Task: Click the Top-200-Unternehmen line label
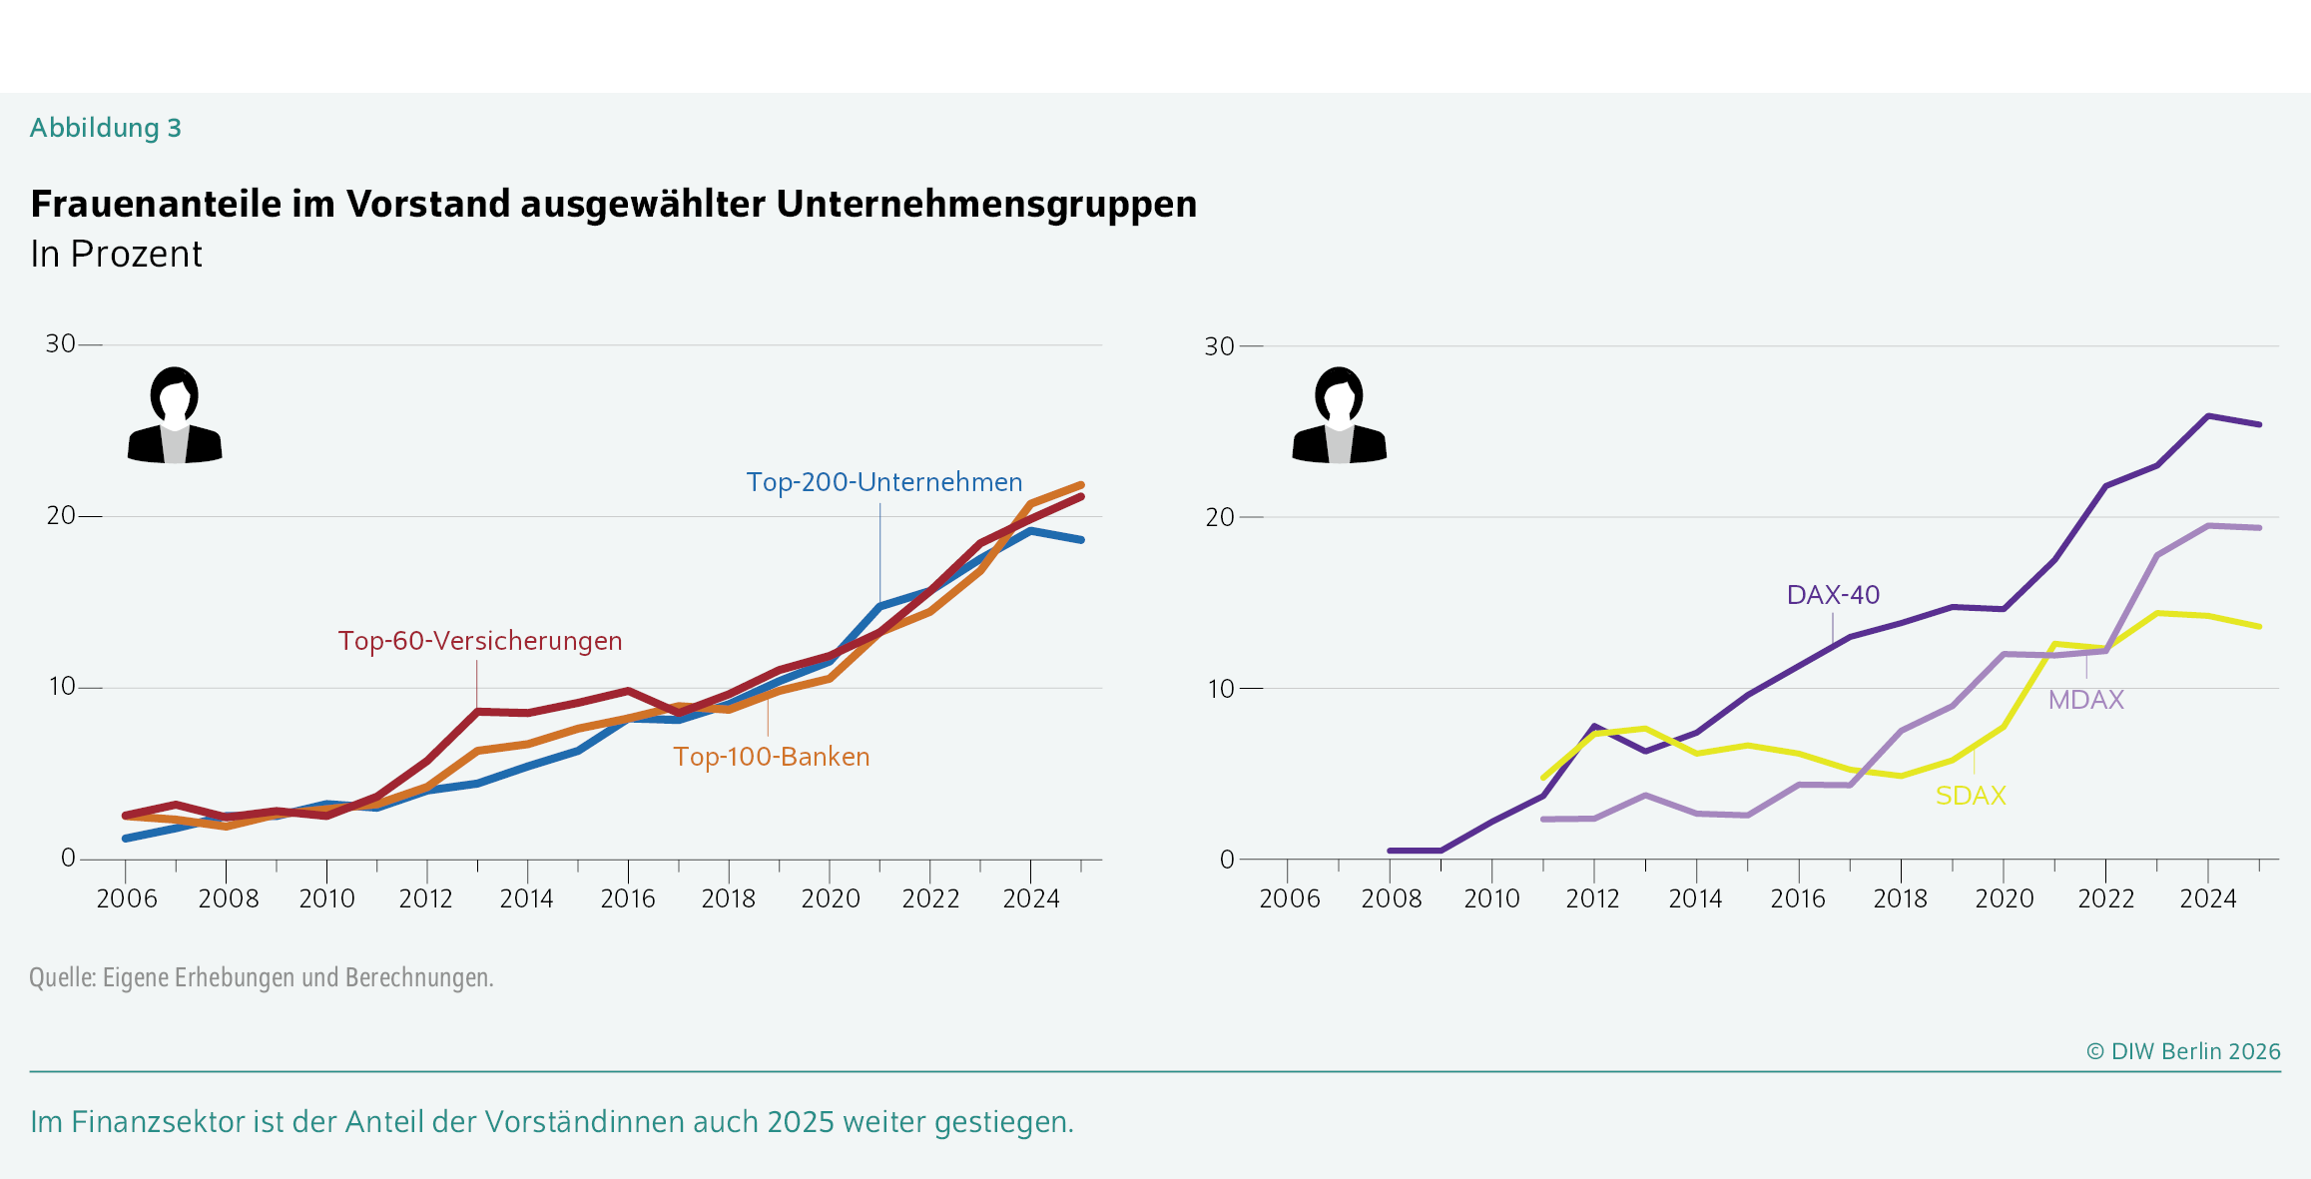(x=884, y=482)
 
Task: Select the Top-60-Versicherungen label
(x=480, y=641)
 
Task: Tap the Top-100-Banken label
(x=772, y=757)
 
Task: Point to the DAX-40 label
(x=1833, y=595)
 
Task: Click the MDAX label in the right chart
(x=2085, y=700)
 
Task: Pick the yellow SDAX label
(x=1971, y=796)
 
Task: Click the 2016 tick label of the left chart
(x=628, y=899)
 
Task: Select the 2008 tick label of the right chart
(x=1391, y=899)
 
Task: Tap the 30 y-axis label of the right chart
(x=1219, y=346)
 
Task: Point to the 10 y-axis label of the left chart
(x=61, y=687)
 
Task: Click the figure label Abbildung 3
(x=106, y=128)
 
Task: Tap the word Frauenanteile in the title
(x=157, y=204)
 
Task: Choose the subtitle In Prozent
(x=117, y=255)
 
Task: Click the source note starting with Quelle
(x=262, y=977)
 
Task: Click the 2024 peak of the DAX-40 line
(x=2208, y=415)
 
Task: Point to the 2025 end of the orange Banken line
(x=1081, y=485)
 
